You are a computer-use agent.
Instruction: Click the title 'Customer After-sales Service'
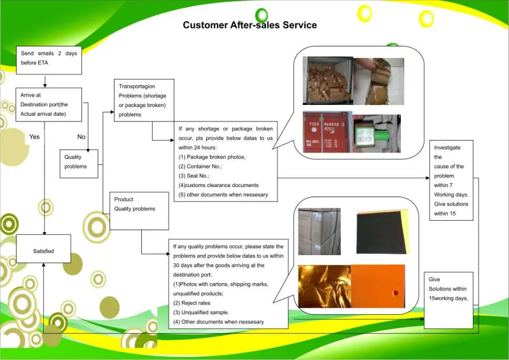[x=250, y=25]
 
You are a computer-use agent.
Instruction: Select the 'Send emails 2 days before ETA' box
[x=48, y=58]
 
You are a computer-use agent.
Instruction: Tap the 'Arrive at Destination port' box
[x=50, y=104]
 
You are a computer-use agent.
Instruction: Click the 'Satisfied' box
[x=43, y=251]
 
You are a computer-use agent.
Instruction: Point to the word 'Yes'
[x=35, y=137]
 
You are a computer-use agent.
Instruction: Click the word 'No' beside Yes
[x=81, y=137]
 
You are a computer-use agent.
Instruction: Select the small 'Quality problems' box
[x=79, y=162]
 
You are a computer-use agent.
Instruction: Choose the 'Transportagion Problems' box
[x=142, y=100]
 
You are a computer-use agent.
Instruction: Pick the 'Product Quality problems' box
[x=139, y=210]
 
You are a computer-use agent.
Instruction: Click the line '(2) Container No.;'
[x=203, y=166]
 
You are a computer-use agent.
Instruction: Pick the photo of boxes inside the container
[x=325, y=81]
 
